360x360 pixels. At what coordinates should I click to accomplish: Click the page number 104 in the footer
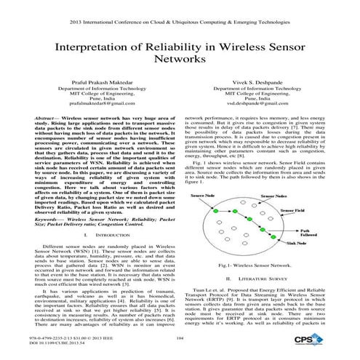(x=179, y=338)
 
